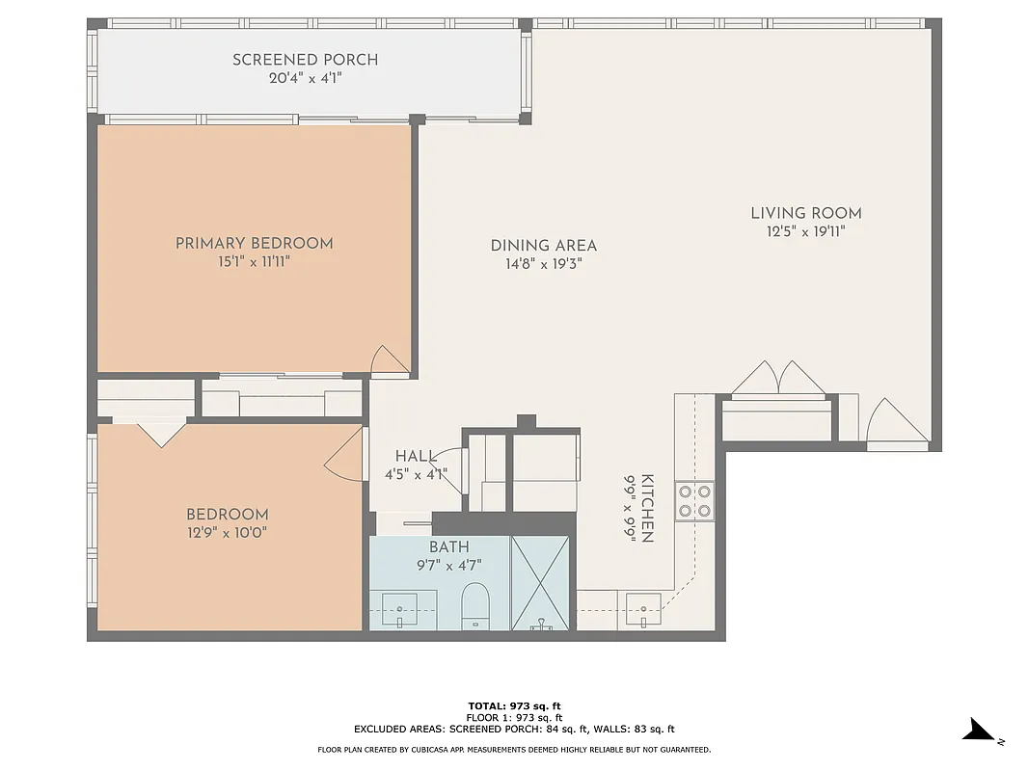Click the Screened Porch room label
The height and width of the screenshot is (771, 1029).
click(305, 60)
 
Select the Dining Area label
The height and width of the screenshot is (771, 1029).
click(543, 246)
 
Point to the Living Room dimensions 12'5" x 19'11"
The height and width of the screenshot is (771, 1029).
click(805, 230)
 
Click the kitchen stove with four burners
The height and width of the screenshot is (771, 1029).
click(694, 499)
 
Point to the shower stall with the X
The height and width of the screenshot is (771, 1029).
click(541, 583)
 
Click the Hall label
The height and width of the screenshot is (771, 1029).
click(415, 456)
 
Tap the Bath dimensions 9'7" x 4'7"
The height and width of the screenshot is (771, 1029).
click(448, 565)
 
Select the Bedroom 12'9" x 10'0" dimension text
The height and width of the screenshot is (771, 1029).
click(227, 531)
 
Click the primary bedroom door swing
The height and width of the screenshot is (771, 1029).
click(390, 360)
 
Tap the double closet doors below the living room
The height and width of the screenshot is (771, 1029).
click(778, 379)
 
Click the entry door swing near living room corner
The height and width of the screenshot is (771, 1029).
click(896, 421)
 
